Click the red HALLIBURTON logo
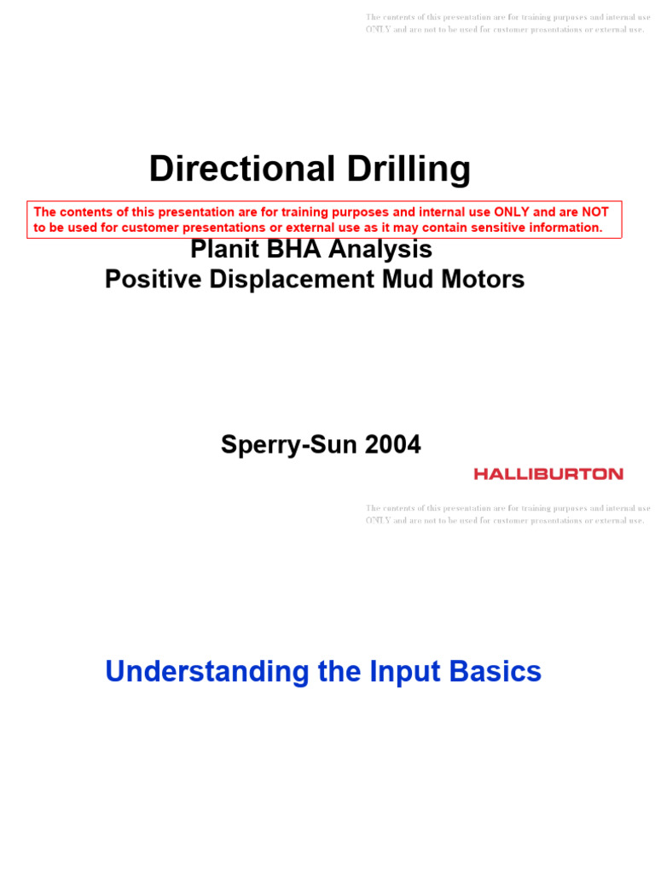click(x=548, y=473)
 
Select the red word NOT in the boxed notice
click(x=594, y=212)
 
